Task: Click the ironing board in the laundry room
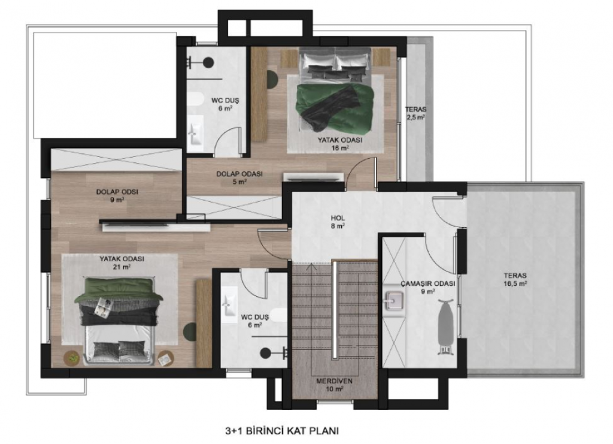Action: pos(445,327)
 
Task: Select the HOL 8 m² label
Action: pos(338,222)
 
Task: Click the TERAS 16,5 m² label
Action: pos(515,280)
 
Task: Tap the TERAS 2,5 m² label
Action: pos(415,113)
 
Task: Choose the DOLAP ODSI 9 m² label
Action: pos(117,196)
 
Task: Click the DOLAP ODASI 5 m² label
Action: pos(239,177)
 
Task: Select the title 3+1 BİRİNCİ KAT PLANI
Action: pos(282,431)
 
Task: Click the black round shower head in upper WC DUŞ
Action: pos(208,62)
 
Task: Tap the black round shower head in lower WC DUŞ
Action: pos(265,354)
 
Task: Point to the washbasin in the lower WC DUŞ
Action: pos(229,303)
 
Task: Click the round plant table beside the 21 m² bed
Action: pos(72,358)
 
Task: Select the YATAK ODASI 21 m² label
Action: pos(122,263)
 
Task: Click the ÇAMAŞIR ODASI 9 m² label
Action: pos(427,288)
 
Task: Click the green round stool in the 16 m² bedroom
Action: pos(272,79)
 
